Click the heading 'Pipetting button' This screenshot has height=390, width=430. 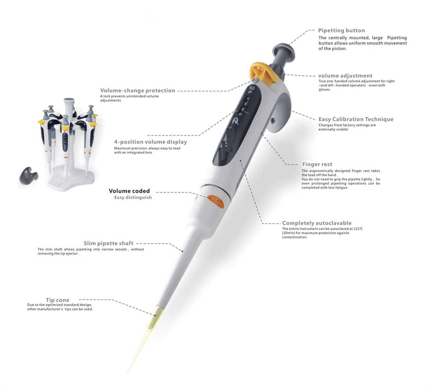(341, 30)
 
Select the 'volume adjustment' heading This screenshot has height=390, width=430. (345, 76)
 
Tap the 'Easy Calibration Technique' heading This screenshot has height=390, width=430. (356, 119)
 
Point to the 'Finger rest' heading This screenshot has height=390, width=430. (317, 164)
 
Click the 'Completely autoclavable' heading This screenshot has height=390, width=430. (317, 223)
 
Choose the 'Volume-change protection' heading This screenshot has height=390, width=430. (138, 90)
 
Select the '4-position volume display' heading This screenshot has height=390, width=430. (151, 142)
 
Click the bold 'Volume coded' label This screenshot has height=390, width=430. (129, 191)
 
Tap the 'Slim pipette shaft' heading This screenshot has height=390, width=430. (108, 243)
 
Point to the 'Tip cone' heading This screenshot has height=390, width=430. (57, 300)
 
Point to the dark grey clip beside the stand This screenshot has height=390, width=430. (29, 176)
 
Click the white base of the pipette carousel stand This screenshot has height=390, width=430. (72, 178)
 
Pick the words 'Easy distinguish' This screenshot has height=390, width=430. (133, 197)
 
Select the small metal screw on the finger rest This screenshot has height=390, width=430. (273, 120)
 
